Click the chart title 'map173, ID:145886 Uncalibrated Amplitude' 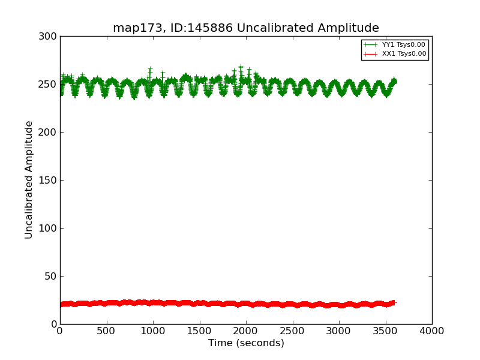[x=246, y=28]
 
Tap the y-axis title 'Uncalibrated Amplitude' [x=29, y=179]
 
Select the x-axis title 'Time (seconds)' [x=246, y=343]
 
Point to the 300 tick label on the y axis [x=47, y=37]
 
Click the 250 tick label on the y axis [x=47, y=85]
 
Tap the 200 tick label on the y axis [x=47, y=133]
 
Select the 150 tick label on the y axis [x=47, y=181]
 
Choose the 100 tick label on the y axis [x=47, y=229]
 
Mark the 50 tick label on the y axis [x=50, y=277]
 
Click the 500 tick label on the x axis [x=106, y=331]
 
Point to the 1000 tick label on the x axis [x=153, y=331]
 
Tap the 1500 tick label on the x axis [x=199, y=331]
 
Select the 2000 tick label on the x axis [x=246, y=331]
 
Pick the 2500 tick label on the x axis [x=292, y=331]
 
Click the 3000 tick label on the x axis [x=339, y=331]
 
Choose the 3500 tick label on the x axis [x=385, y=331]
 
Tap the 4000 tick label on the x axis [x=432, y=331]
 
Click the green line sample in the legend [x=371, y=45]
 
